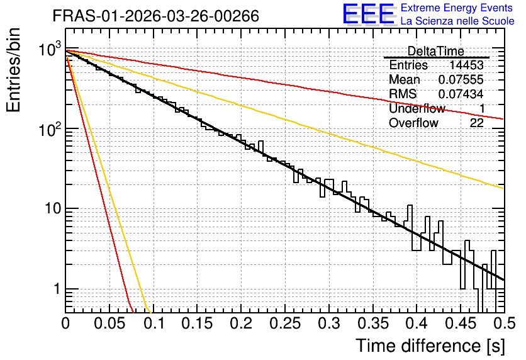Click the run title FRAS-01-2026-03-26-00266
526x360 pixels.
pyautogui.click(x=155, y=16)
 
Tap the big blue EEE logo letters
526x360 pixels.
pyautogui.click(x=369, y=14)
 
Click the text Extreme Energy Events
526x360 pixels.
pyautogui.click(x=457, y=8)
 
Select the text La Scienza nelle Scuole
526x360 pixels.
pyautogui.click(x=457, y=21)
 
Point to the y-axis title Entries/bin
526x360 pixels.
pyautogui.click(x=13, y=70)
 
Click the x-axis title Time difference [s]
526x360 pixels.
pyautogui.click(x=430, y=346)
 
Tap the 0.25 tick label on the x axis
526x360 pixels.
pyautogui.click(x=285, y=323)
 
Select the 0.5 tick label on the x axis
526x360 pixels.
pyautogui.click(x=504, y=323)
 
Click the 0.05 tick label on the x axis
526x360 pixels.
pyautogui.click(x=109, y=323)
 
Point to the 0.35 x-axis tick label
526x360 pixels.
pyautogui.click(x=372, y=323)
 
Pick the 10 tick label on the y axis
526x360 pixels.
pyautogui.click(x=53, y=208)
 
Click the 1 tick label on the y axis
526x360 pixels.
pyautogui.click(x=57, y=288)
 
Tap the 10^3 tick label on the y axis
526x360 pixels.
pyautogui.click(x=50, y=50)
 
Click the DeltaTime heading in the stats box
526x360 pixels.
pyautogui.click(x=436, y=51)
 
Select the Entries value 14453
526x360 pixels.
pyautogui.click(x=467, y=65)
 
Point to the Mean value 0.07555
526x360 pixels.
pyautogui.click(x=461, y=79)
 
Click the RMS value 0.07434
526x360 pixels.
pyautogui.click(x=461, y=94)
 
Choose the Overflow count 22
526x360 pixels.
pyautogui.click(x=477, y=123)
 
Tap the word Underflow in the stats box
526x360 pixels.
pyautogui.click(x=417, y=108)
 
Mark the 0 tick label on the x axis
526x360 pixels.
pyautogui.click(x=65, y=323)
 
